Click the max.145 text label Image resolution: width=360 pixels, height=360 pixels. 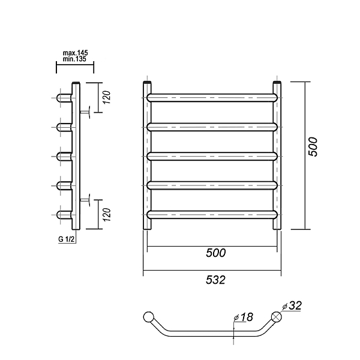coord(76,53)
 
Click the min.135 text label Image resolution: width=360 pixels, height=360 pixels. coord(75,59)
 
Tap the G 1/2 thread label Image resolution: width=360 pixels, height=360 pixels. coord(67,239)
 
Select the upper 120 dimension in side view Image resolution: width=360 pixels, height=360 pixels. coord(107,97)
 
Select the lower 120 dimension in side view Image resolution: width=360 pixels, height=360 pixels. coord(107,215)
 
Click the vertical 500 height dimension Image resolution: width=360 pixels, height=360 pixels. coord(313,147)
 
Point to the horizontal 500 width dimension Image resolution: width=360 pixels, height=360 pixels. coord(216,253)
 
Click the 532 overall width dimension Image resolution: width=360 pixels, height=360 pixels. coord(216,280)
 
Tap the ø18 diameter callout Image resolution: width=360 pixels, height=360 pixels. coord(243,317)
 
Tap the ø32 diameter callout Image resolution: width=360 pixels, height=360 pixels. coord(292,305)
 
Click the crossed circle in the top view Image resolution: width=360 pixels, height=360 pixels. coord(277,317)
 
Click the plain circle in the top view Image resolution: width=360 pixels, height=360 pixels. coord(149,317)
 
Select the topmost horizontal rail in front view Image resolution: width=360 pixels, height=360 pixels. coord(212,98)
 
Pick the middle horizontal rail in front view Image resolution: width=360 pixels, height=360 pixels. coord(212,156)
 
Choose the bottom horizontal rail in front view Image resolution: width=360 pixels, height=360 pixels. coord(212,214)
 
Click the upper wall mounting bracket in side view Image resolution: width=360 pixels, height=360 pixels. coord(85,112)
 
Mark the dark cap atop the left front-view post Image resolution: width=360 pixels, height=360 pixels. coord(147,82)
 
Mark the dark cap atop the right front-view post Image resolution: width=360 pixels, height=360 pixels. coord(277,82)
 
